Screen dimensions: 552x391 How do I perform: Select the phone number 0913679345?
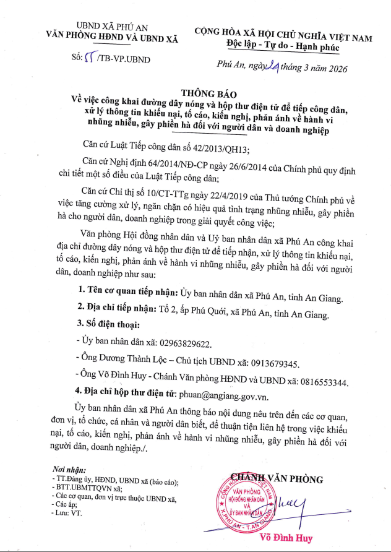point(274,363)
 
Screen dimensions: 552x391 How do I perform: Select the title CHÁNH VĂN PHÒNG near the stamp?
point(276,478)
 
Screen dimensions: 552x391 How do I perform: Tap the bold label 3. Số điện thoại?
point(108,324)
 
